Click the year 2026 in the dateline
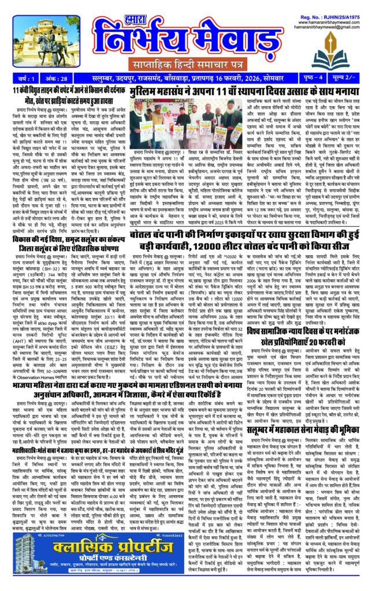pyautogui.click(x=247, y=93)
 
